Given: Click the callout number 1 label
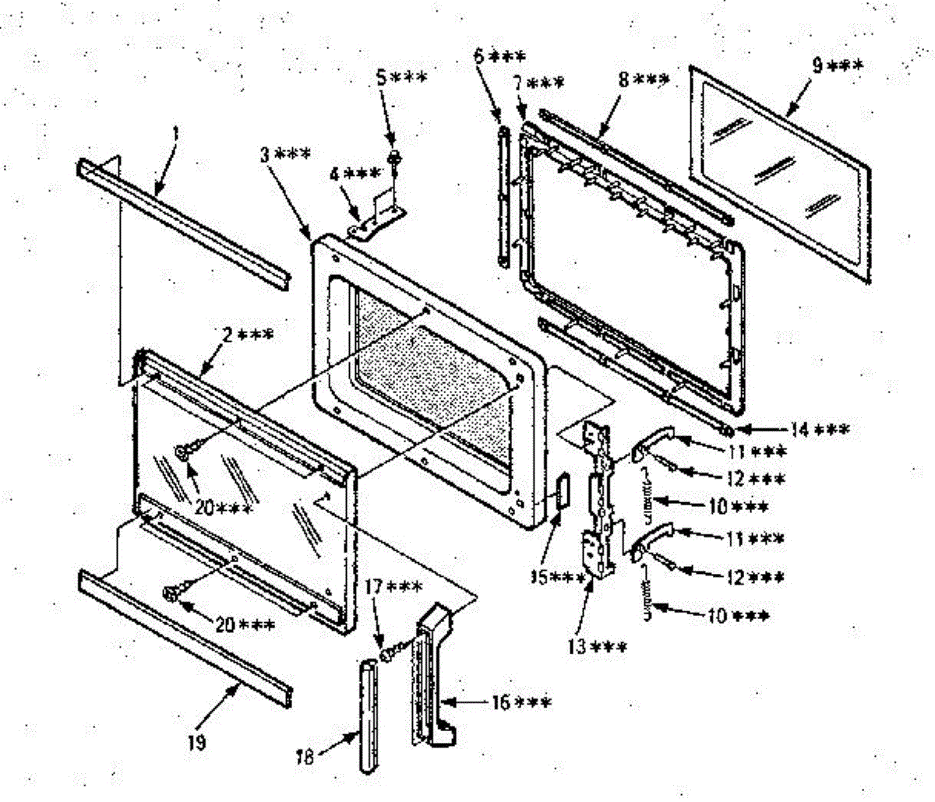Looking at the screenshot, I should pos(175,134).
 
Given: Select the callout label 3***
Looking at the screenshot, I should pos(286,153).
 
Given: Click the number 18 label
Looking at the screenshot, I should pos(306,755).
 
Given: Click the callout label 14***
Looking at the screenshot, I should pos(820,429).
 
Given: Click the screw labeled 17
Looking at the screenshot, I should pos(386,656).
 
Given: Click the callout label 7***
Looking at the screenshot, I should pos(538,82).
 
